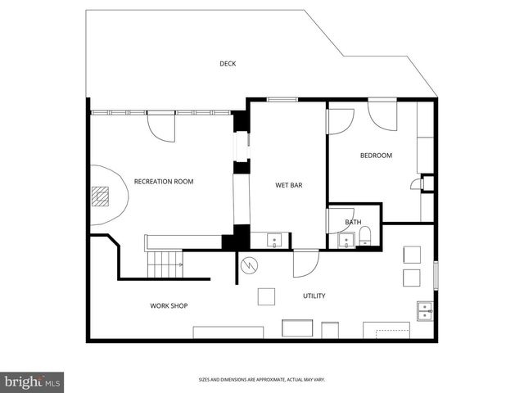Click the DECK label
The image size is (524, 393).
228,64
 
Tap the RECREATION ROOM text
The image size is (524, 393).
164,181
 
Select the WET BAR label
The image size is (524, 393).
288,186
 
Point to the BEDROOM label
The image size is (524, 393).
376,156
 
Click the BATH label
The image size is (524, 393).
353,222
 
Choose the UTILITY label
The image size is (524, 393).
314,296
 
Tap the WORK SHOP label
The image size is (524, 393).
169,305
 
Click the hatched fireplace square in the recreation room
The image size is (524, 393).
100,196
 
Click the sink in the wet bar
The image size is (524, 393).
274,240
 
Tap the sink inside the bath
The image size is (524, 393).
346,241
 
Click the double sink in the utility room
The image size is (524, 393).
425,310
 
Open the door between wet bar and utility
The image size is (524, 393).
305,262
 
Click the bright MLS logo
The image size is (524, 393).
33,382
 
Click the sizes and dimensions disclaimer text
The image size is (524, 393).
262,379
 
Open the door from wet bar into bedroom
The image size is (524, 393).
339,121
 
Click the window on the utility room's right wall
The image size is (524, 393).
436,274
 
